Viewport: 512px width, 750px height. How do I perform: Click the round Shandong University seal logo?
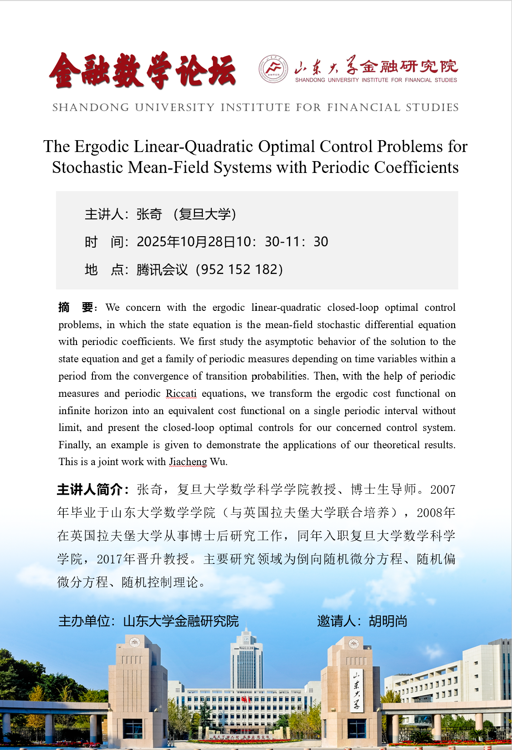273,69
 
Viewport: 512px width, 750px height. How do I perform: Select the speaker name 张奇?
149,214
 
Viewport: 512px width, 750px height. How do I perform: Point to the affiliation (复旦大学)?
205,214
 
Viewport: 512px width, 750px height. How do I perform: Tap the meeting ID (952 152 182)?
240,269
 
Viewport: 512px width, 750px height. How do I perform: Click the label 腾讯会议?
162,270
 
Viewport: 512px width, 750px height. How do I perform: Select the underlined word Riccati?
181,393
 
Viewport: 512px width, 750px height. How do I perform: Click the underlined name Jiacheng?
188,461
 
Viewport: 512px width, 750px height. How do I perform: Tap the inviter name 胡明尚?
388,621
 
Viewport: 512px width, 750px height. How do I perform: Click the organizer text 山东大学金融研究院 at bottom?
181,621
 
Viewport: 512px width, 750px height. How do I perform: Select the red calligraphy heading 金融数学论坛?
143,71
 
